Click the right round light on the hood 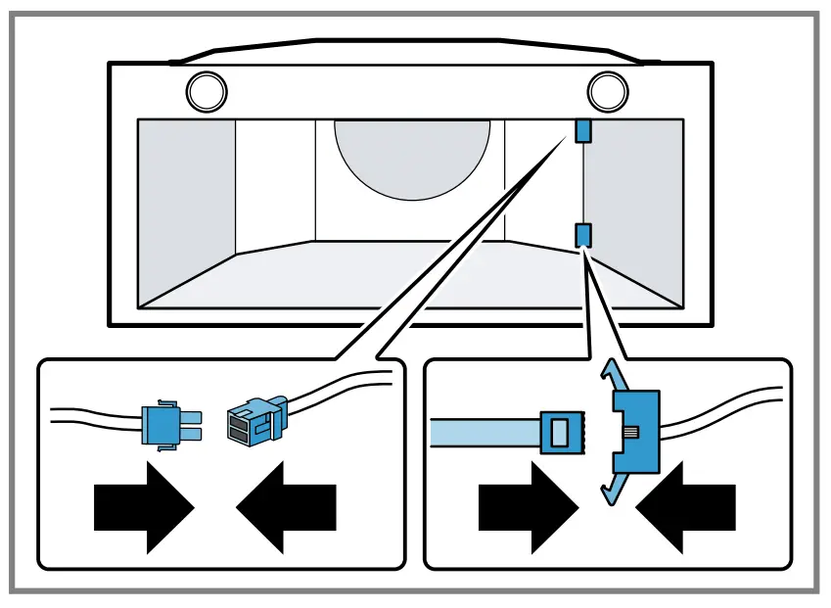[x=607, y=92]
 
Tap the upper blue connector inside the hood [x=582, y=131]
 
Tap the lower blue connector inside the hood [x=582, y=234]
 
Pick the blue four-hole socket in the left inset [x=253, y=420]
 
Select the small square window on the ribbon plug [x=560, y=431]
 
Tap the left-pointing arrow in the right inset [x=684, y=506]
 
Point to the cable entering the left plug [x=93, y=416]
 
